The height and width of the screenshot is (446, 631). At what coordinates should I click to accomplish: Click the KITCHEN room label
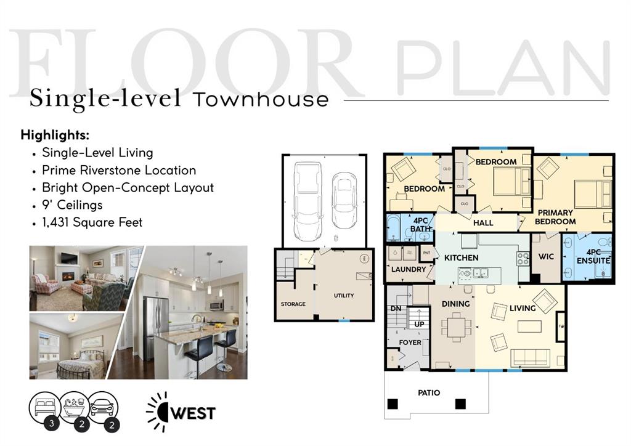[x=461, y=257]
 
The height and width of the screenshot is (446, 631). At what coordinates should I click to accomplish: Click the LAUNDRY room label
[x=409, y=269]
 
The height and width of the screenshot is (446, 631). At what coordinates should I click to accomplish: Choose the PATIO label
[x=428, y=392]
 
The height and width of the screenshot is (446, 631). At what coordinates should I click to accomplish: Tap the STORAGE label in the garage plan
[x=293, y=304]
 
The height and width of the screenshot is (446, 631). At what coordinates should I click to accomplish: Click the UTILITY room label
[x=344, y=296]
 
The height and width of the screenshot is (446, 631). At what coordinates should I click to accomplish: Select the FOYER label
[x=410, y=343]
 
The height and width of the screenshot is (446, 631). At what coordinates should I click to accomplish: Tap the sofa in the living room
[x=530, y=357]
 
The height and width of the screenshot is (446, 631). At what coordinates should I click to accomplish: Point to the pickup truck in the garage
[x=307, y=195]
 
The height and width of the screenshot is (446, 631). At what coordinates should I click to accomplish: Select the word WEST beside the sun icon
[x=193, y=413]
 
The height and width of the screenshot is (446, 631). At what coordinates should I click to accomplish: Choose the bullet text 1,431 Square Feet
[x=92, y=222]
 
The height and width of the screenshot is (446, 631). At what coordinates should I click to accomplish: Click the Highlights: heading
[x=55, y=134]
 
